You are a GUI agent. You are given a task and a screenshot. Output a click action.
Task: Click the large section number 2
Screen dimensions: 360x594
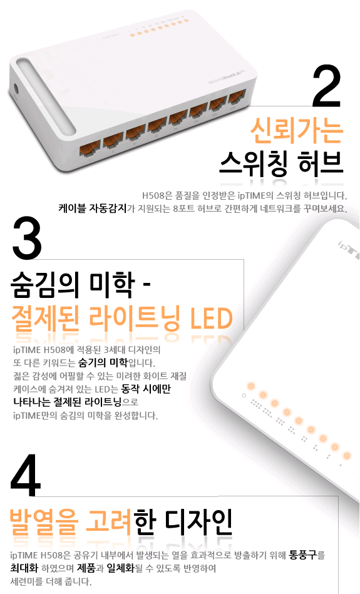[x=326, y=86]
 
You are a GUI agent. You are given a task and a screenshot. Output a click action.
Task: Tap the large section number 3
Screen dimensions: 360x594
[x=27, y=237]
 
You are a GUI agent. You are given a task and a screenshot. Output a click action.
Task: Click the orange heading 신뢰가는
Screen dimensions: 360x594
[x=297, y=131]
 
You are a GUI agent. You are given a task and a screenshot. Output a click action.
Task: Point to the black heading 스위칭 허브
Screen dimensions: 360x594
[x=281, y=163]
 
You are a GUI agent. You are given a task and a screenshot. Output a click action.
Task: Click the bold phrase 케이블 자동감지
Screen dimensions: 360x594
[x=93, y=208]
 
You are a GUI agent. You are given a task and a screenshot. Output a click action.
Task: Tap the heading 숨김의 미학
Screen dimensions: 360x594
[x=73, y=285]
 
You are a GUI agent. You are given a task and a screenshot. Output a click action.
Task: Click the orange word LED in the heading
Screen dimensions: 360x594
[x=211, y=318]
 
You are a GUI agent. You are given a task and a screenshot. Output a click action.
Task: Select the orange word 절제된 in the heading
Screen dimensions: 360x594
[x=46, y=318]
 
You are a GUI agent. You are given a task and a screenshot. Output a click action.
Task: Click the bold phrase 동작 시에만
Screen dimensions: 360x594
[x=146, y=389]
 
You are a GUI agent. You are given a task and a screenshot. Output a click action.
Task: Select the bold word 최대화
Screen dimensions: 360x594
[x=24, y=568]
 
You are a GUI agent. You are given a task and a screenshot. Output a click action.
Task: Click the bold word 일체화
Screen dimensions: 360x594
[x=120, y=568]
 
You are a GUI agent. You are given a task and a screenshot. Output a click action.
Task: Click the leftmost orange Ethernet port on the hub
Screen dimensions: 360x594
[x=90, y=148]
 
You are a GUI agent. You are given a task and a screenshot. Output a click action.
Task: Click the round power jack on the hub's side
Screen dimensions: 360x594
[x=16, y=90]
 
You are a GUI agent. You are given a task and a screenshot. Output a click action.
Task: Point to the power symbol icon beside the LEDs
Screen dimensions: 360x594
[x=244, y=396]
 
